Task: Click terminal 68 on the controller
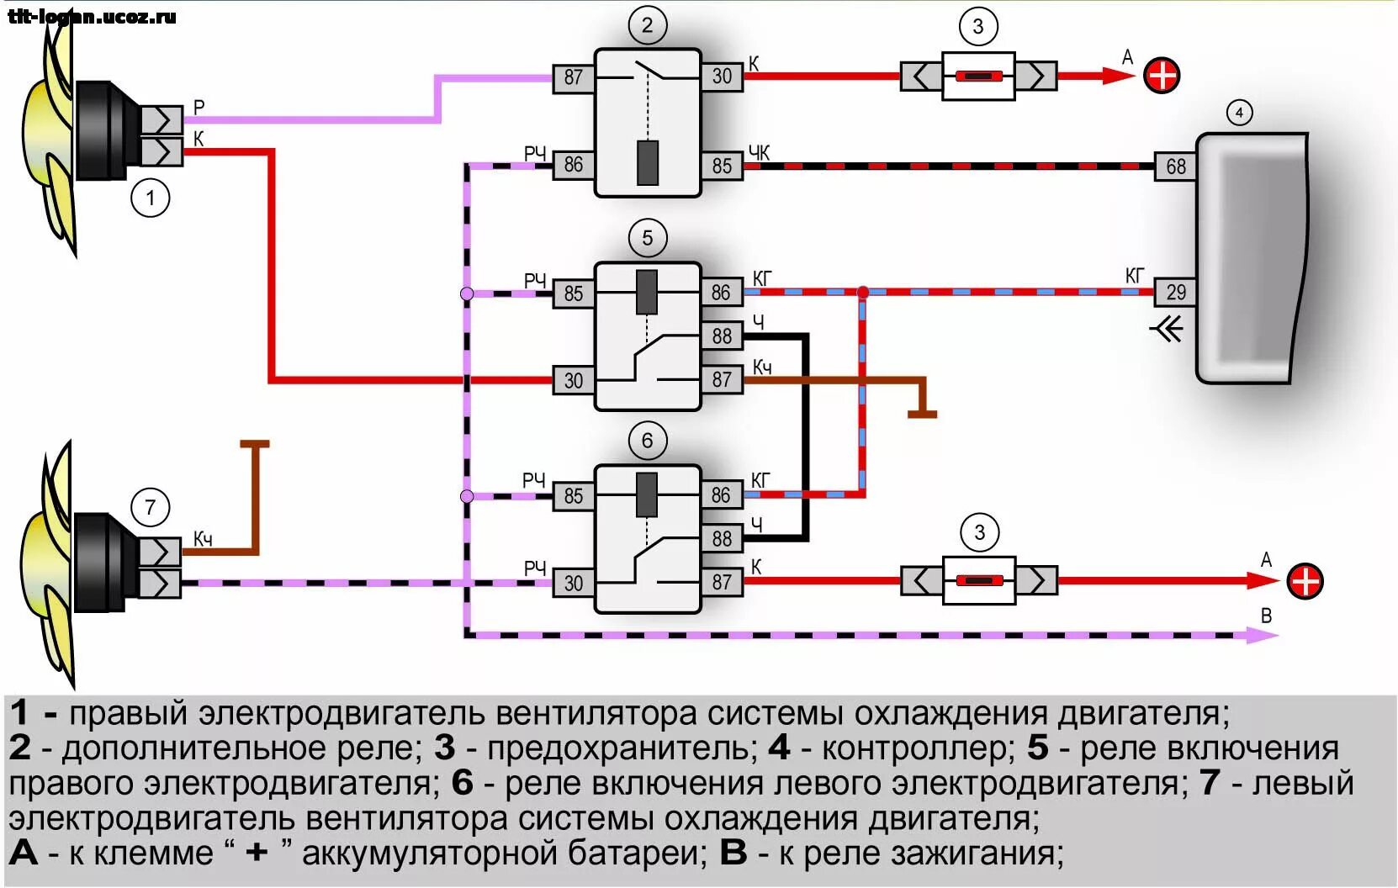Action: pyautogui.click(x=1175, y=166)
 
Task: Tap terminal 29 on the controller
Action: pyautogui.click(x=1175, y=292)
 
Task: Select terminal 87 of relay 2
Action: pyautogui.click(x=573, y=77)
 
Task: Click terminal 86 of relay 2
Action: pyautogui.click(x=573, y=165)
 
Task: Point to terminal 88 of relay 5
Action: pyautogui.click(x=722, y=336)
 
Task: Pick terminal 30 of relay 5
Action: pyautogui.click(x=573, y=380)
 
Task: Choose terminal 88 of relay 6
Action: pyautogui.click(x=722, y=538)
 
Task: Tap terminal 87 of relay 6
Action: pyautogui.click(x=722, y=582)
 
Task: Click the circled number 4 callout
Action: pyautogui.click(x=1239, y=112)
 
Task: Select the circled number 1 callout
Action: pyautogui.click(x=151, y=198)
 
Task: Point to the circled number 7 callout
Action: pyautogui.click(x=151, y=507)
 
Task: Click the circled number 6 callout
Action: pyautogui.click(x=647, y=441)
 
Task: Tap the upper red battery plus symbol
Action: pyautogui.click(x=1162, y=76)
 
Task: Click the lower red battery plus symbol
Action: pyautogui.click(x=1305, y=581)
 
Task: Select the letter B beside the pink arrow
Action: pyautogui.click(x=1266, y=616)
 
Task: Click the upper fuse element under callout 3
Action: pyautogui.click(x=977, y=77)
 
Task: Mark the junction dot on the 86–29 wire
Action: pyautogui.click(x=863, y=292)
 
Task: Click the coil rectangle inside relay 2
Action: pyautogui.click(x=647, y=163)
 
